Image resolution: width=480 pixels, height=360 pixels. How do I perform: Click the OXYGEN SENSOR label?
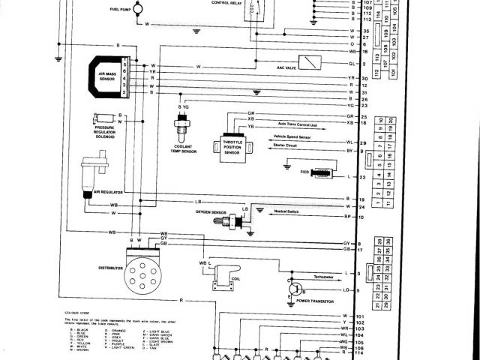211,212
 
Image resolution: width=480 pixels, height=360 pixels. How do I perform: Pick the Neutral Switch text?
288,212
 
